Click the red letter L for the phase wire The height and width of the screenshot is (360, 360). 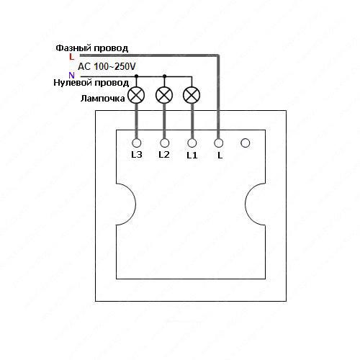tap(71, 57)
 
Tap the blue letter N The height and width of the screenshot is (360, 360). tap(71, 76)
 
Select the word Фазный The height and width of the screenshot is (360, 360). tap(73, 48)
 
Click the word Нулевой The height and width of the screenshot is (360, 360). tap(72, 83)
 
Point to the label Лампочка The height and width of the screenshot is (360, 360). tap(103, 99)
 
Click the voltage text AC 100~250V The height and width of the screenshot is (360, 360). tap(107, 66)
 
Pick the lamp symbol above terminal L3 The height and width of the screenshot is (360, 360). tap(136, 95)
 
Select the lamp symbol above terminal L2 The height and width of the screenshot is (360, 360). tap(164, 95)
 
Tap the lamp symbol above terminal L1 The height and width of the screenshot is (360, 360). tap(192, 95)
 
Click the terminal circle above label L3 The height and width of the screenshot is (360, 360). tap(137, 143)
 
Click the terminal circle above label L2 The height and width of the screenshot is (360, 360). tap(164, 143)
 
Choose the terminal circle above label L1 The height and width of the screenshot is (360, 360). tap(192, 143)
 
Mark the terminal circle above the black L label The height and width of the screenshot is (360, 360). tap(218, 143)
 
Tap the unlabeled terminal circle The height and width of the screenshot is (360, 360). tap(245, 143)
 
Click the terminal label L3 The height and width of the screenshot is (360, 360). tap(137, 155)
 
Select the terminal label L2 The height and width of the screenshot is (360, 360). tap(164, 155)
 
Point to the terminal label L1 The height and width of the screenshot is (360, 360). tap(192, 156)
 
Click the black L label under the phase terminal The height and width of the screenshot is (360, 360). tap(220, 156)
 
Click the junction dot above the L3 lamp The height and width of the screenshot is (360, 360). tap(136, 76)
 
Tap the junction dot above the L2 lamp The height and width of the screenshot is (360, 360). tap(164, 76)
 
